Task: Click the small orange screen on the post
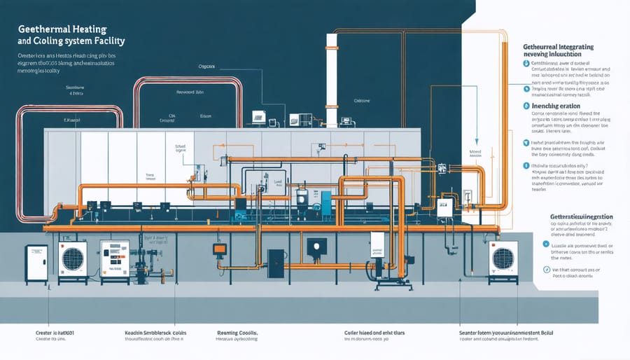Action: pos(220,248)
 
